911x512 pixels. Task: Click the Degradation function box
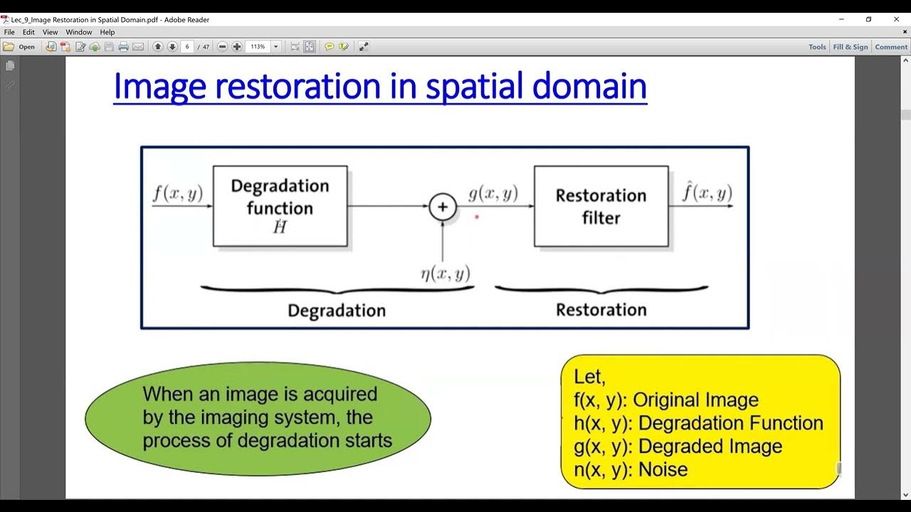tap(280, 206)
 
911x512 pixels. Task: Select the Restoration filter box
tap(601, 206)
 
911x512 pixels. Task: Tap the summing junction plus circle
tap(442, 207)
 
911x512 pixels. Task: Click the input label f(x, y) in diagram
tap(177, 193)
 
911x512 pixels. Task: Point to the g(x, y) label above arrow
tap(493, 193)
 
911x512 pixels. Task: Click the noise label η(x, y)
tap(445, 274)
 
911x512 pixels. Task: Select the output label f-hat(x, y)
tap(707, 193)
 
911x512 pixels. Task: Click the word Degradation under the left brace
tap(336, 311)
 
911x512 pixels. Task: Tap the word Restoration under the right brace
tap(601, 310)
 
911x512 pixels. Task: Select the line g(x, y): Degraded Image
tap(678, 447)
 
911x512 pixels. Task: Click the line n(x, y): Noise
tap(631, 469)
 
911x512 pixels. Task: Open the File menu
tap(9, 32)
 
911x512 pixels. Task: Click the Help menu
tap(107, 32)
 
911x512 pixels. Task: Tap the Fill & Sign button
tap(850, 47)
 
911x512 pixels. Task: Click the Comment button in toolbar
tap(891, 47)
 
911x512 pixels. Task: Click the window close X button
tap(896, 20)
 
